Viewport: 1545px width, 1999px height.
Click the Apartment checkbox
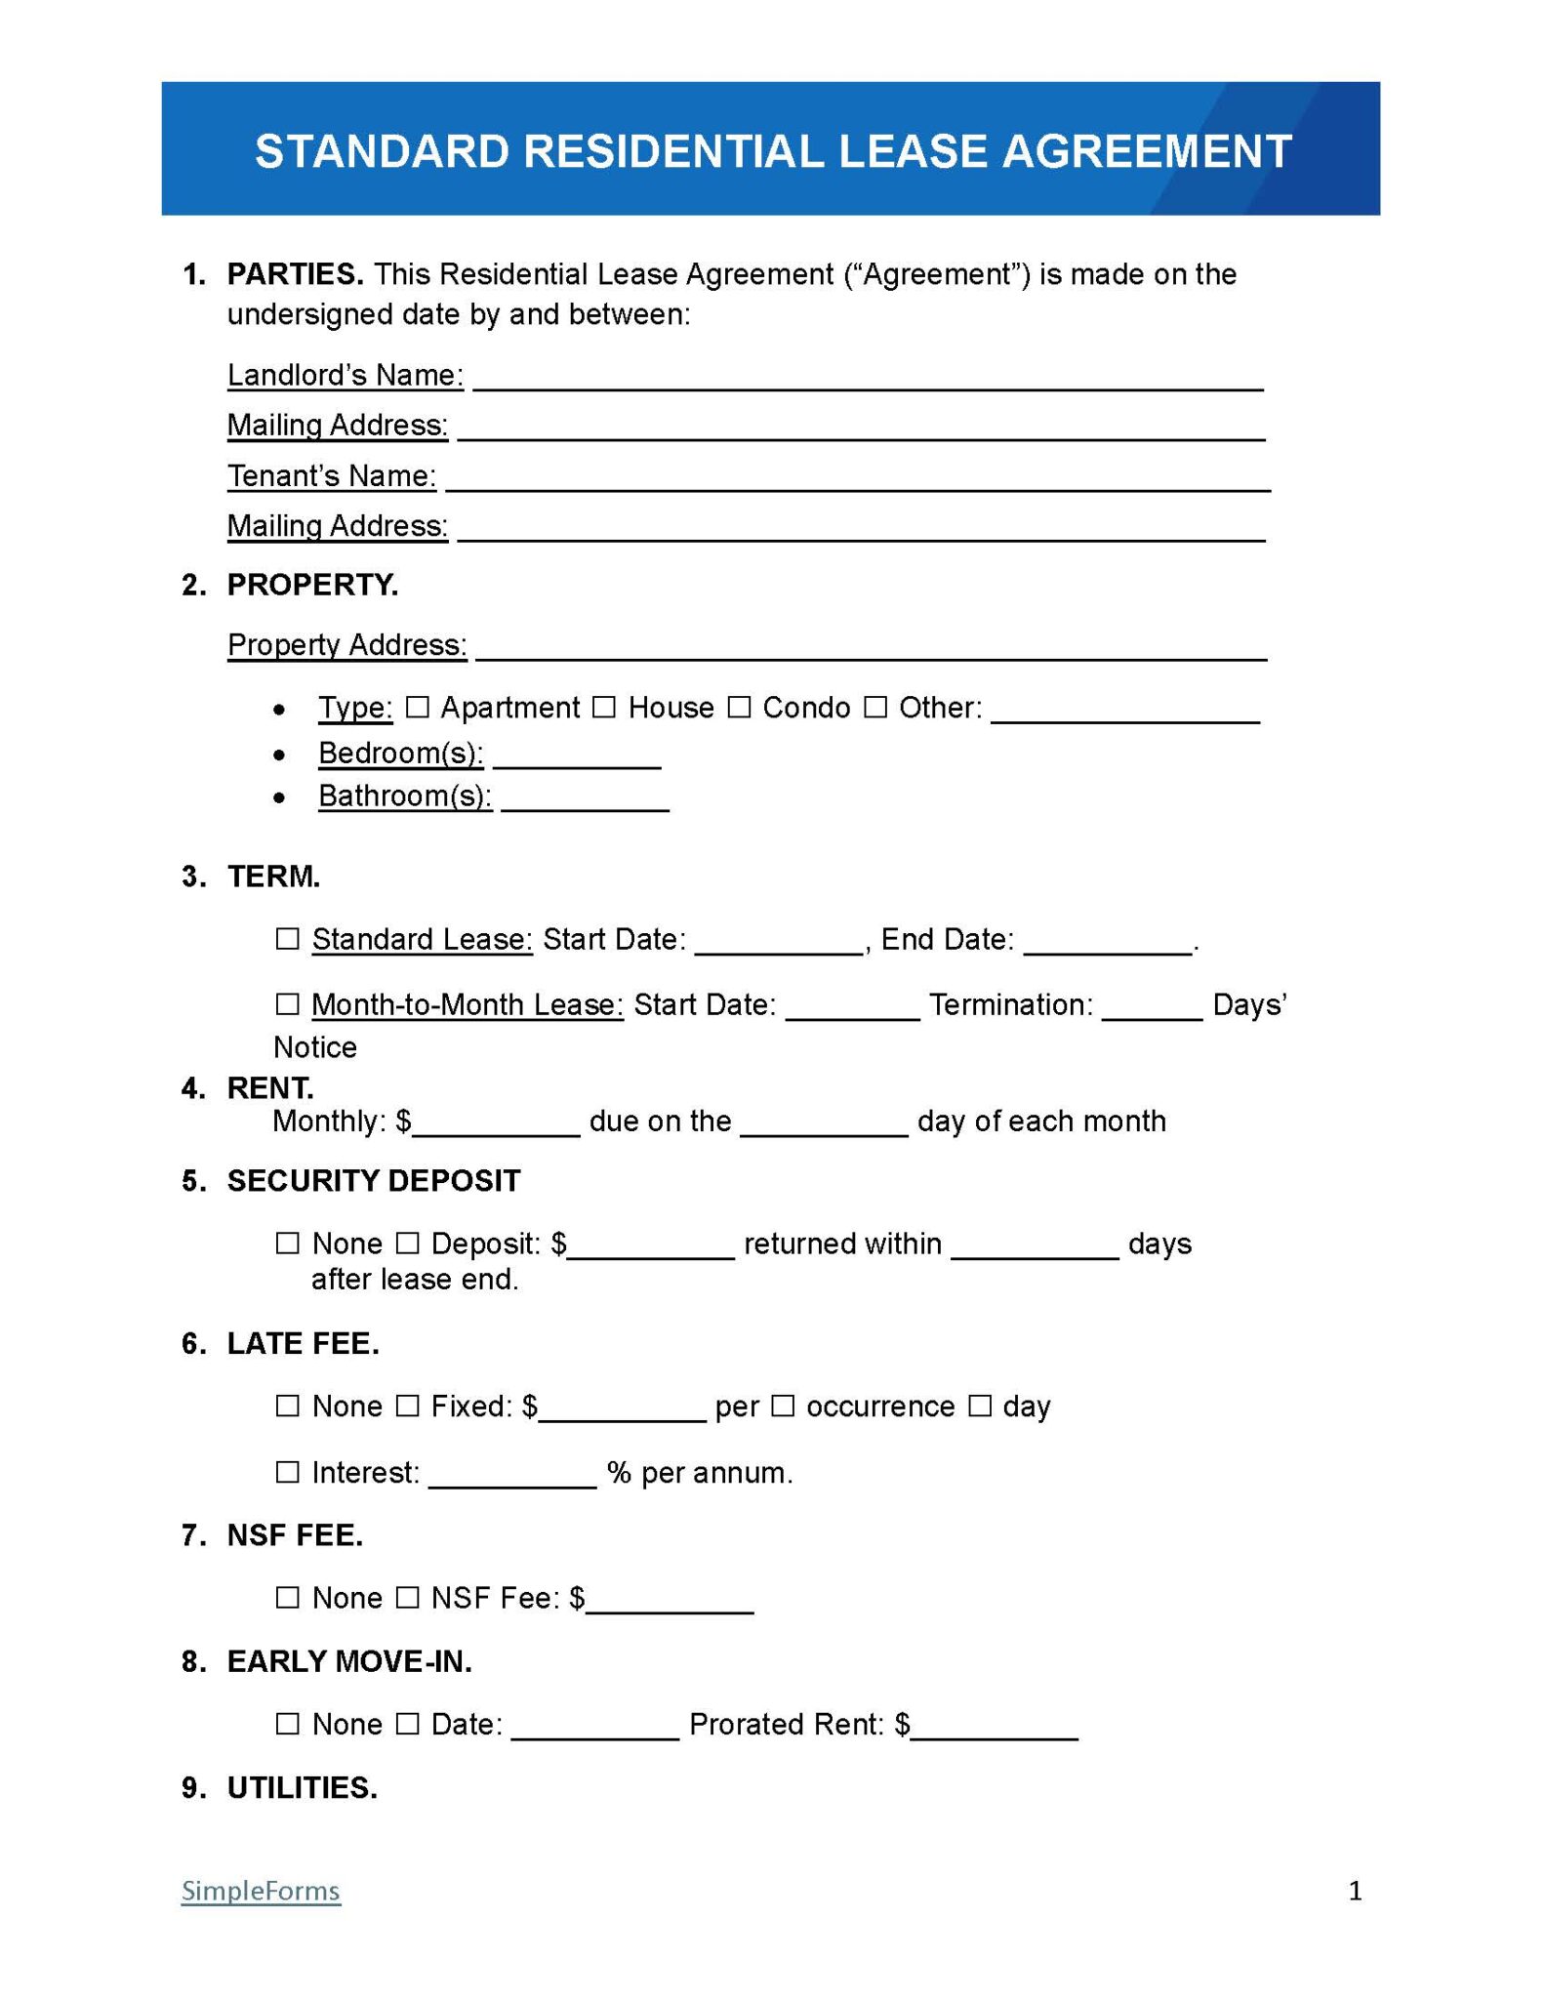(x=418, y=707)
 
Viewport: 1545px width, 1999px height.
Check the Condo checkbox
(x=740, y=707)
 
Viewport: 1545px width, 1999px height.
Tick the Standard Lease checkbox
(x=287, y=938)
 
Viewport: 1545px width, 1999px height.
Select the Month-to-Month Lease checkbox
(x=287, y=1003)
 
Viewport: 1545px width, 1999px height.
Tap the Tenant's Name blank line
(x=857, y=481)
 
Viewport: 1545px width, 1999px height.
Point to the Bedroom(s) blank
(x=577, y=758)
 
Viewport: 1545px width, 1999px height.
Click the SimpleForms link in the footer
(x=261, y=1891)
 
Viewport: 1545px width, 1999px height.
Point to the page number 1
(x=1355, y=1891)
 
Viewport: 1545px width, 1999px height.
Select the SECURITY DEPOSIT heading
(x=374, y=1181)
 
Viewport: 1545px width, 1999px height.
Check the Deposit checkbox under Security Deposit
(x=408, y=1243)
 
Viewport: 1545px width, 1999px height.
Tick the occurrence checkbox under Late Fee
(x=783, y=1406)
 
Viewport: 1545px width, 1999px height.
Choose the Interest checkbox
(x=287, y=1471)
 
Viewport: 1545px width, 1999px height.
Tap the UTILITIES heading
(x=302, y=1788)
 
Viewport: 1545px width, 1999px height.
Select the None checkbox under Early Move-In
(x=287, y=1724)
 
